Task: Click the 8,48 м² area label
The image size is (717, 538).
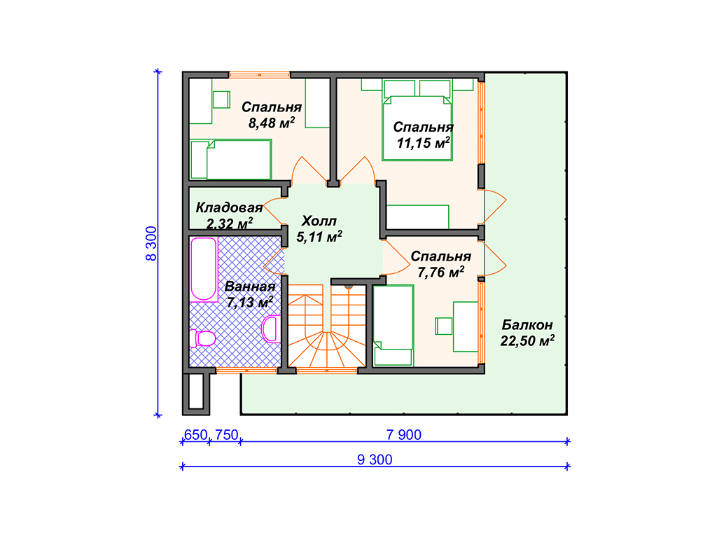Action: [272, 123]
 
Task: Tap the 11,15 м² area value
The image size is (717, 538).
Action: [424, 143]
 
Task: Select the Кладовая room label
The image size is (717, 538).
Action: [229, 207]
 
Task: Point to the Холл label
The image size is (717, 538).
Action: [319, 221]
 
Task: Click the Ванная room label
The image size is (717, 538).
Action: [250, 287]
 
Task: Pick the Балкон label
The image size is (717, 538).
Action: [527, 325]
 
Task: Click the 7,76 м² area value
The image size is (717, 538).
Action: [441, 273]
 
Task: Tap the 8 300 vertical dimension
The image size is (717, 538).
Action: [151, 243]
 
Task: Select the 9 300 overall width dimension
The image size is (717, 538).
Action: [375, 460]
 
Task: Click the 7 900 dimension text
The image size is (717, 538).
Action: [404, 434]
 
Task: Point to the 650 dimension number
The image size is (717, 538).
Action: [196, 434]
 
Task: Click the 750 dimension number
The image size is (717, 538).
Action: [226, 434]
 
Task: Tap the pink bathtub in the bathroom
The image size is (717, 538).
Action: [204, 269]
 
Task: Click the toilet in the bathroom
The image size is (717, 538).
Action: [202, 338]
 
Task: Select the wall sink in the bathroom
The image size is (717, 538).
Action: [271, 329]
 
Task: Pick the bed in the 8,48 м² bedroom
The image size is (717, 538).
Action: [231, 159]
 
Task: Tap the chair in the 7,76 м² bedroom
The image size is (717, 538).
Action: [443, 326]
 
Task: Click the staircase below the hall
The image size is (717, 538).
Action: [327, 326]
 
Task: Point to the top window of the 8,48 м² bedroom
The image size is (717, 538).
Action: [259, 74]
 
